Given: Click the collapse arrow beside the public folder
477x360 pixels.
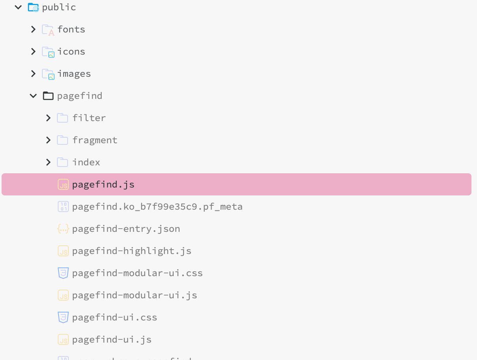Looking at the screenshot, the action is coord(18,7).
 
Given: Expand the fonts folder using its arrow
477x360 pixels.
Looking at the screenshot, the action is coord(33,29).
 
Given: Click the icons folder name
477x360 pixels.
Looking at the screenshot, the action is coord(71,51).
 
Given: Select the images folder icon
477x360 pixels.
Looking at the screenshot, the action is coord(48,74).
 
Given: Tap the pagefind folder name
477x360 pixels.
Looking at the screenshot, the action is coord(79,96).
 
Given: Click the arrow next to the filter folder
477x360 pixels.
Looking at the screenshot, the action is coord(48,118).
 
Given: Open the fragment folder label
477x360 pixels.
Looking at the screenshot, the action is coord(95,140).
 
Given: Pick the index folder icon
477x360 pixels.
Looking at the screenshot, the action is coord(62,162).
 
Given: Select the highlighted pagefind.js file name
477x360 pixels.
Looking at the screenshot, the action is coord(103,184).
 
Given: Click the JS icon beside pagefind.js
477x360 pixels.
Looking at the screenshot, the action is coord(63,184).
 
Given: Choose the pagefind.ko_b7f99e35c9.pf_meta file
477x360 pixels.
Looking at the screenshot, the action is coord(157,207).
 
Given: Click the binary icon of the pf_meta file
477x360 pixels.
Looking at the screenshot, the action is coord(63,207).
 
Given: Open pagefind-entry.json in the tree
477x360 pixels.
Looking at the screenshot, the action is coord(126,229).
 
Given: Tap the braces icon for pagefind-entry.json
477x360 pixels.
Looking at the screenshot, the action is coord(63,229).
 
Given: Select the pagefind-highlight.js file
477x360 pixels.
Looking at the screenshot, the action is coord(132,251).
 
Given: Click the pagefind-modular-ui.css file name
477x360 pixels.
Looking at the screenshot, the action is coord(137,273).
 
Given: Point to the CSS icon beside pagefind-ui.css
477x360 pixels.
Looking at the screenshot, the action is coord(63,317).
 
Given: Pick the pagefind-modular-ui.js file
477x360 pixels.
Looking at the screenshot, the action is coord(134,295).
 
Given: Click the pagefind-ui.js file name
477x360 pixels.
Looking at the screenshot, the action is coord(112,339).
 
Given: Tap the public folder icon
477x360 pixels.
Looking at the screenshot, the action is coord(33,7).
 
